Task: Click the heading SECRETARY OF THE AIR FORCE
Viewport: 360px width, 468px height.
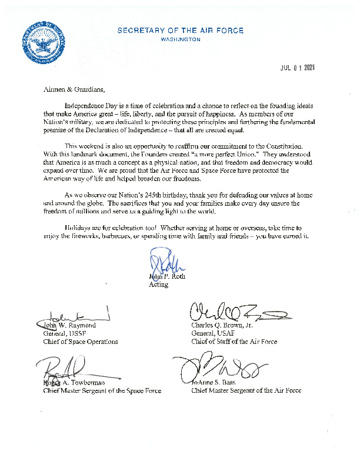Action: pyautogui.click(x=180, y=31)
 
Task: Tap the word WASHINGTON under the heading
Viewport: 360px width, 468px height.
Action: pyautogui.click(x=180, y=39)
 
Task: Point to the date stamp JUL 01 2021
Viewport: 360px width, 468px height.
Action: pyautogui.click(x=297, y=68)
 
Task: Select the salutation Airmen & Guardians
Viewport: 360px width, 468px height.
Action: pyautogui.click(x=74, y=90)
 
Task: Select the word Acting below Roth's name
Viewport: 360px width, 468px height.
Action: pyautogui.click(x=159, y=285)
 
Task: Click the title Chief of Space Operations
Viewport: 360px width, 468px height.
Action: pyautogui.click(x=81, y=342)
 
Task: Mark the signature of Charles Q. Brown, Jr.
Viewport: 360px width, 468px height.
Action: pyautogui.click(x=235, y=312)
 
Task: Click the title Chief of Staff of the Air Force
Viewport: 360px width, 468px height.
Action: pyautogui.click(x=234, y=342)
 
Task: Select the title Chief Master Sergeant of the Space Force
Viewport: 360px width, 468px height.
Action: pyautogui.click(x=102, y=390)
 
